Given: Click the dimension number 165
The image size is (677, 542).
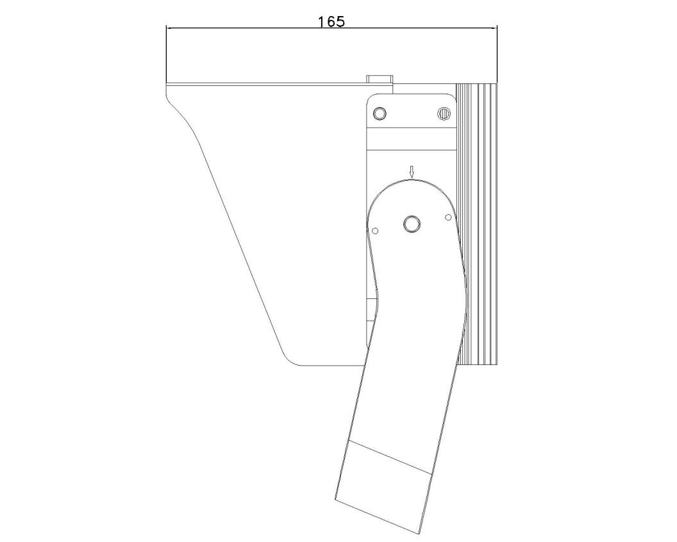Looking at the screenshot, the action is point(331,22).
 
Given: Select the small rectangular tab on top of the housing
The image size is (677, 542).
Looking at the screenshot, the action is point(380,79).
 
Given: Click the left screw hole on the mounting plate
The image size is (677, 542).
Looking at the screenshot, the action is point(380,113).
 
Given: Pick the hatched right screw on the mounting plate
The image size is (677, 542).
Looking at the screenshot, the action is point(444,113).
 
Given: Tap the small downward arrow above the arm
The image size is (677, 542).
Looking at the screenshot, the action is point(412,173).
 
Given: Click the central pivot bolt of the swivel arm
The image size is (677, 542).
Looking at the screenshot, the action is point(412,224).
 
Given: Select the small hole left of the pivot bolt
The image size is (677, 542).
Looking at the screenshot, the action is point(375,231).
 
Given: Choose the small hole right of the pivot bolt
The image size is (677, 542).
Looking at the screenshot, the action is point(448,216).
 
